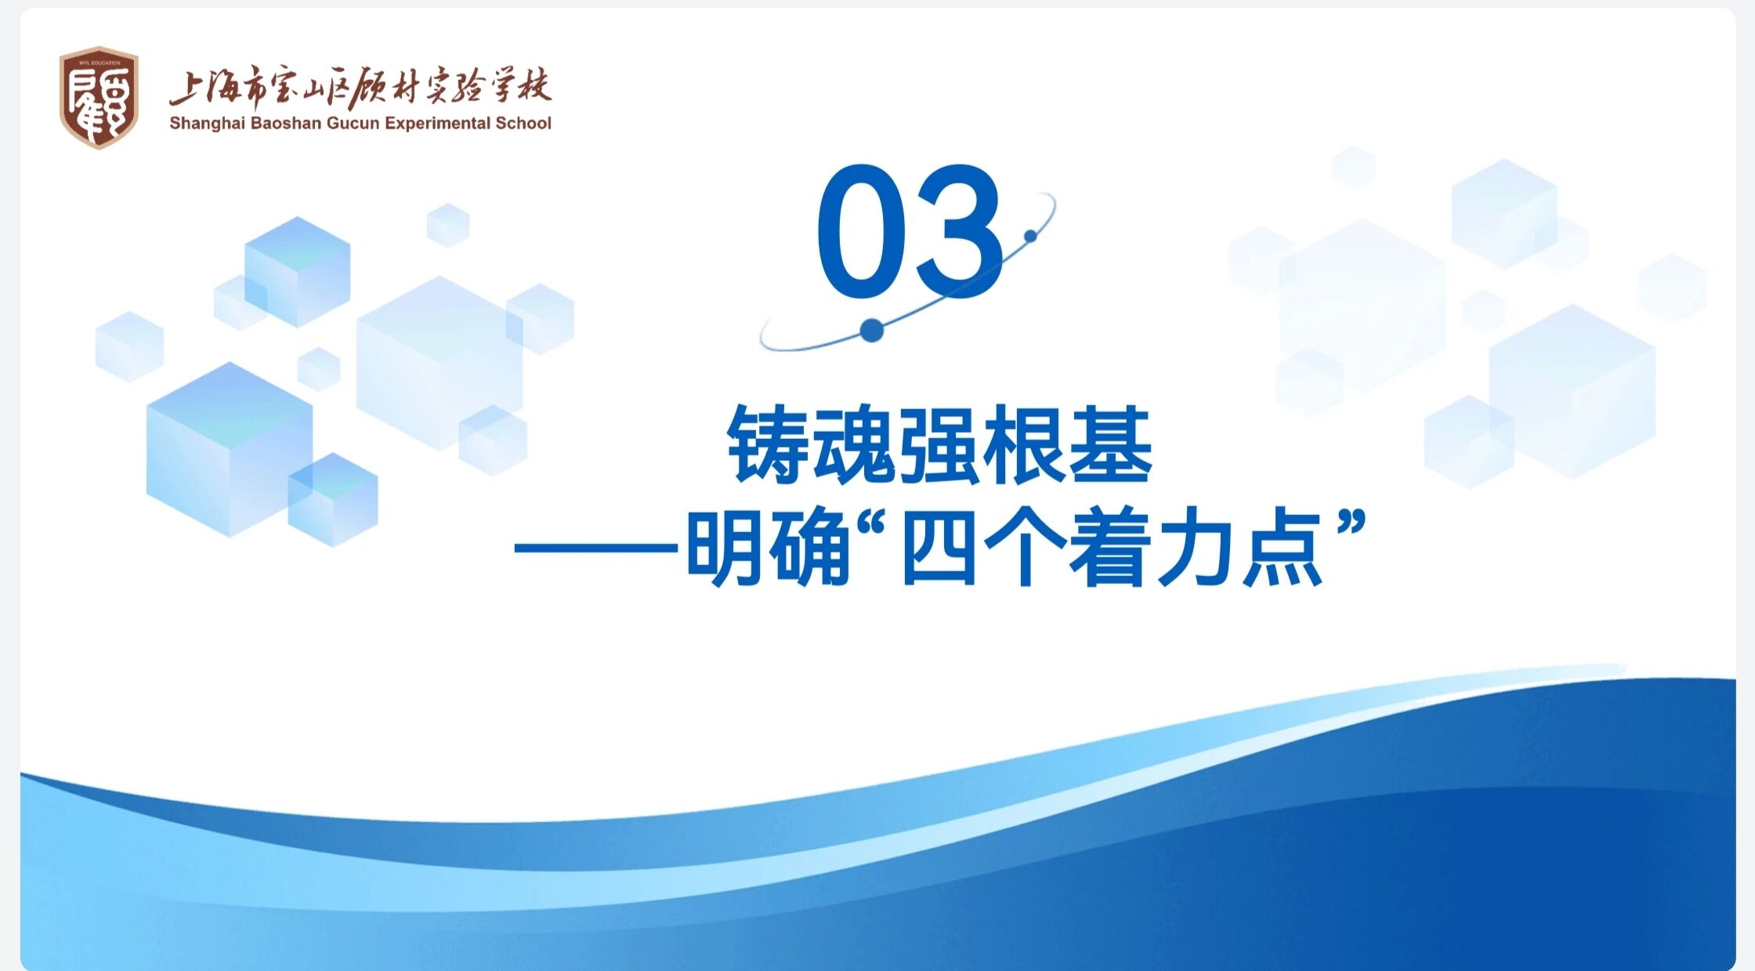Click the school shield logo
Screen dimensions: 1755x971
(x=99, y=98)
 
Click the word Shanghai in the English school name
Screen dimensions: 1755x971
(x=208, y=124)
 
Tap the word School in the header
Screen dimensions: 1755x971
(x=523, y=123)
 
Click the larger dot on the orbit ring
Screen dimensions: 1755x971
(x=871, y=331)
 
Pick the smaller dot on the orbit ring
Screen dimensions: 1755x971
(x=1031, y=236)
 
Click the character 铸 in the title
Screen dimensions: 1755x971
(x=769, y=445)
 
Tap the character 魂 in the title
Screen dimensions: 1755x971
(x=855, y=445)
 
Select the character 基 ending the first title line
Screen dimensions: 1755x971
(x=1111, y=445)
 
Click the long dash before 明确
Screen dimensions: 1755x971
(x=597, y=548)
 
